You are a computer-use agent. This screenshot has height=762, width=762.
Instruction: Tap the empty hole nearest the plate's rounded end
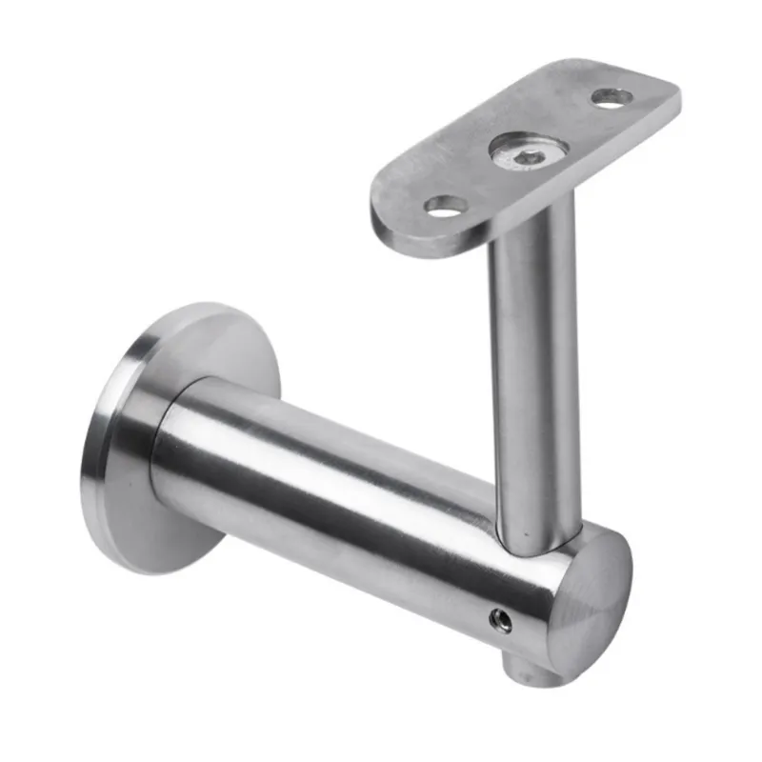pos(446,205)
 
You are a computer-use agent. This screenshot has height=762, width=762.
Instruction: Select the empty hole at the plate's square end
pos(611,96)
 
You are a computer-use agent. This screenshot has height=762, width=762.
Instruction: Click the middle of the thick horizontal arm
pos(343,495)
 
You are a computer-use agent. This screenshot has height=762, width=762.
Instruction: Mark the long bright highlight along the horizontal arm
pos(343,448)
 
